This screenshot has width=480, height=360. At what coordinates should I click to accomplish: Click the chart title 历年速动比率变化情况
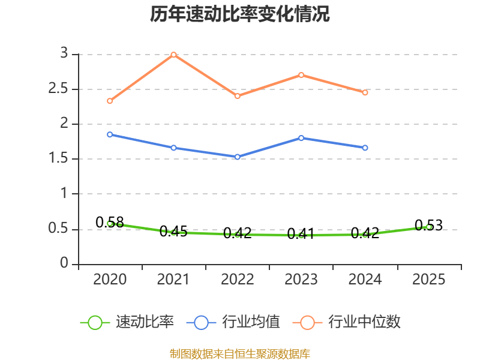tap(240, 14)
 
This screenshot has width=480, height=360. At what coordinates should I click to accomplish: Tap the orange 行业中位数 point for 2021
tap(173, 55)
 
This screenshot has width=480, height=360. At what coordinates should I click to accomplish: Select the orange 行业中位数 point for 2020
tap(110, 101)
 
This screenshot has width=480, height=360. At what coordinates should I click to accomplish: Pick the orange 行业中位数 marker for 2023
tap(301, 75)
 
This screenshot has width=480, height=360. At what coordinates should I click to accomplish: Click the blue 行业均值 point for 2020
tap(110, 134)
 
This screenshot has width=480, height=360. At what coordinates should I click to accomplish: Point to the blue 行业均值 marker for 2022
tap(238, 157)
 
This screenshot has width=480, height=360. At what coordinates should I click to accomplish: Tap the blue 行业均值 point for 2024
tap(365, 148)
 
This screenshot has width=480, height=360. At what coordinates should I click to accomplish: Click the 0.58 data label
tap(110, 223)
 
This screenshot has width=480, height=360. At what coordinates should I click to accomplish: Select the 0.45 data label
tap(173, 232)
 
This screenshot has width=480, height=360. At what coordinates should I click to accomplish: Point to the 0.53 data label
tap(428, 226)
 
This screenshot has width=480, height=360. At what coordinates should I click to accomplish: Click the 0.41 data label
tap(301, 234)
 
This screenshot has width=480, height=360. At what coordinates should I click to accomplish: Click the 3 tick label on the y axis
tap(64, 55)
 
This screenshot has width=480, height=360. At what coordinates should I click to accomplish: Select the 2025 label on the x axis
tap(428, 280)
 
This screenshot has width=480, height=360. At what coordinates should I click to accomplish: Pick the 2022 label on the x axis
tap(238, 280)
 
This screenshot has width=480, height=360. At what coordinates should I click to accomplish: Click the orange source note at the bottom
tap(240, 354)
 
